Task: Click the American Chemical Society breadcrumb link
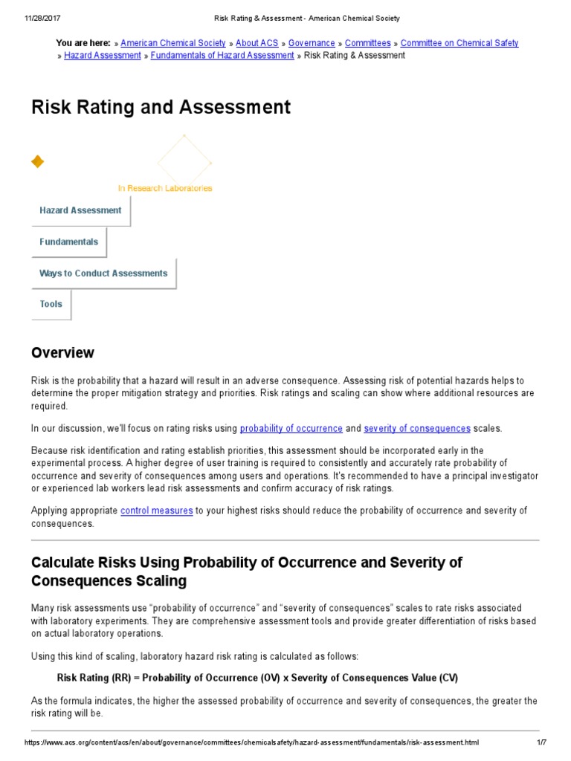pos(172,43)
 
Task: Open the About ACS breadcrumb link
pos(257,43)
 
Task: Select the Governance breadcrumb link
pos(312,43)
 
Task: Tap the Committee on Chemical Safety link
pos(459,43)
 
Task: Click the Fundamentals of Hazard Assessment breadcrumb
pos(222,56)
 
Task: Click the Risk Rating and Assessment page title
pos(161,107)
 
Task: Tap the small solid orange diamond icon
pos(37,161)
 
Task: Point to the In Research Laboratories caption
pos(165,188)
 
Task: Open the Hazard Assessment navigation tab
pos(80,210)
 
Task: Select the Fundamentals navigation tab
pos(68,242)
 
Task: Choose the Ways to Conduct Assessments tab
pos(103,273)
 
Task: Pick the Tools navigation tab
pos(51,304)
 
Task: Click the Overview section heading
pos(62,352)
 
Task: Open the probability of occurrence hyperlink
pos(291,428)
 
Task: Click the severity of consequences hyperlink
pos(417,428)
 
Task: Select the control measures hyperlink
pos(157,511)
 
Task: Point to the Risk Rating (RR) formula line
pos(257,678)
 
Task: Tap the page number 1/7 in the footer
pos(541,742)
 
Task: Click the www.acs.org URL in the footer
pos(251,742)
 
